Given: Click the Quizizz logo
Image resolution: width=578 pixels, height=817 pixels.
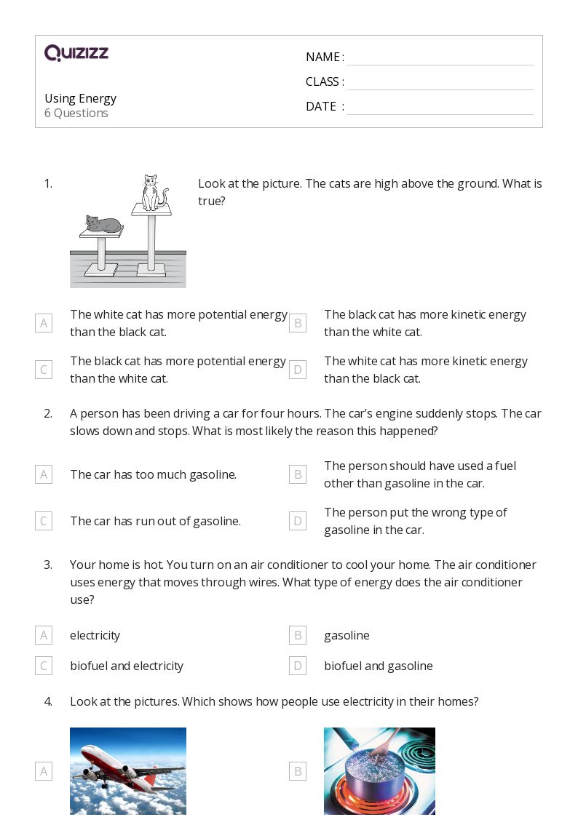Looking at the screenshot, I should point(76,53).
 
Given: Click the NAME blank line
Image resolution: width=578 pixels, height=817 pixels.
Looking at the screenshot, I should point(440,57).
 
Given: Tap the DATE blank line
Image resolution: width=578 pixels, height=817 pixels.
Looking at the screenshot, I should point(440,107).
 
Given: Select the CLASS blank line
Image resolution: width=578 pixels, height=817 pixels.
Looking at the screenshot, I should point(440,82).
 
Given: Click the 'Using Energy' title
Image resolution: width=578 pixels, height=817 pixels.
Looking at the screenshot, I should point(80,98).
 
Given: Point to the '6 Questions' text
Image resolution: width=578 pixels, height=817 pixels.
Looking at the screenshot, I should point(76,113).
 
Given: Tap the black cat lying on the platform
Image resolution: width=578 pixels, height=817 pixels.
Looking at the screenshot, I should point(103,224).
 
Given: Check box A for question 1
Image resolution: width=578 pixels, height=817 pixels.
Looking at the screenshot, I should point(44,323).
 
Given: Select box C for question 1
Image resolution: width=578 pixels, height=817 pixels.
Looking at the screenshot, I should point(44,370).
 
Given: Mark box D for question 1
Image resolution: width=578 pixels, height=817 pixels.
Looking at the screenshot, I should point(297,370).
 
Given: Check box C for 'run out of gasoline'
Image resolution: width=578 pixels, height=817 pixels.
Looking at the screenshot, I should point(44,521).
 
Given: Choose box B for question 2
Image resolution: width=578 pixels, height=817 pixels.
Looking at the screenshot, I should point(297,474).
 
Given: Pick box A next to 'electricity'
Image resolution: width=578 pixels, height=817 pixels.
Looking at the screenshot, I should point(44,635).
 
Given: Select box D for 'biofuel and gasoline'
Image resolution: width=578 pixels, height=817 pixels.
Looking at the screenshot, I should point(297,666).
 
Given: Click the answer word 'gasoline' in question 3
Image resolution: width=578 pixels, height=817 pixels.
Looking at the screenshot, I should point(347,635).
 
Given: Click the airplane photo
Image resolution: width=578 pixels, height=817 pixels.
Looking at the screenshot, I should point(128,770).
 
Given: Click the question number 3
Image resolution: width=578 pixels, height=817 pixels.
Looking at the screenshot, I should point(48,565).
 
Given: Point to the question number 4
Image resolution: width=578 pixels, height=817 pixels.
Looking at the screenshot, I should point(48,701).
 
